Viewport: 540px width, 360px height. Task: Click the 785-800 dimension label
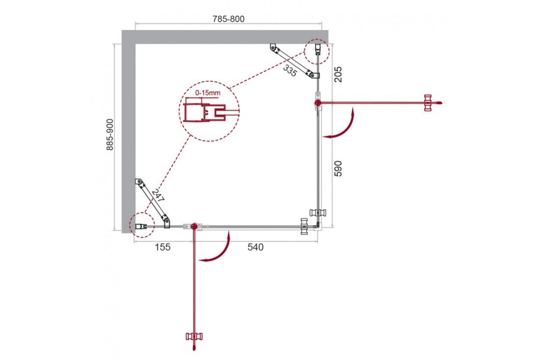pos(228,19)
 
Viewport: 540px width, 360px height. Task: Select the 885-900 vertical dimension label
pos(110,135)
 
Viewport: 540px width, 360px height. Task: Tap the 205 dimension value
pos(338,75)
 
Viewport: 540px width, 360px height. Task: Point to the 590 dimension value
pos(338,169)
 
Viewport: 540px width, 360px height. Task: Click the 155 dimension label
pos(162,247)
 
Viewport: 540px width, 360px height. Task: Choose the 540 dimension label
pos(256,247)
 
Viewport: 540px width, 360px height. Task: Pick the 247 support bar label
pos(158,196)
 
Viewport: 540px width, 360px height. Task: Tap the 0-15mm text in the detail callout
pos(208,93)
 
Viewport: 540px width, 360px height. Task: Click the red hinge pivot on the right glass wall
pos(318,103)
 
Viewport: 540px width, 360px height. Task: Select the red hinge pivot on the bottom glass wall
pos(194,226)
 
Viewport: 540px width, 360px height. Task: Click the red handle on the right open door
pos(428,103)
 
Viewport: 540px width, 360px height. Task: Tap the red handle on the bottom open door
pos(194,337)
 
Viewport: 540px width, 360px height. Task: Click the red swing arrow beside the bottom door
pos(225,254)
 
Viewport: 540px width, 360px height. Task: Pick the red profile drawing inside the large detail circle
pos(204,112)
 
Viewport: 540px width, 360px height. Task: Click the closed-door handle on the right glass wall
pos(318,213)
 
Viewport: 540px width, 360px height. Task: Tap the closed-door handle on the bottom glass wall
pos(304,226)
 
